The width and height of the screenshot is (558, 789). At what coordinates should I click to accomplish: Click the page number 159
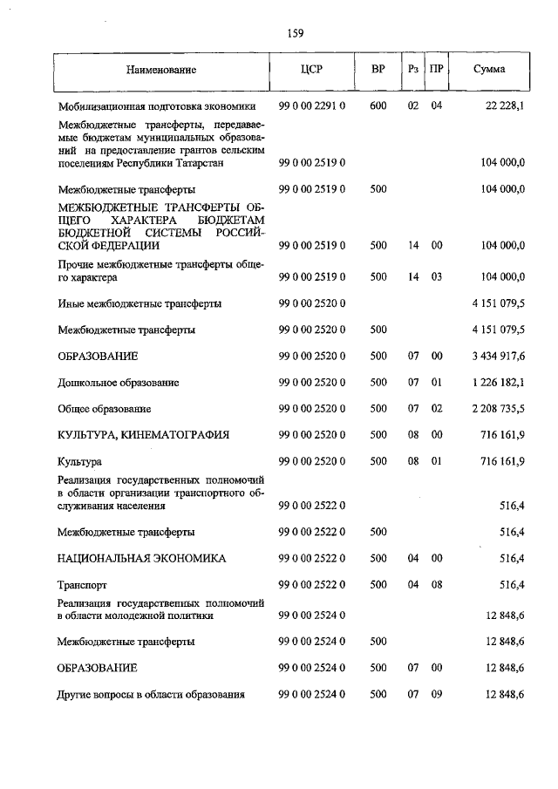pyautogui.click(x=295, y=34)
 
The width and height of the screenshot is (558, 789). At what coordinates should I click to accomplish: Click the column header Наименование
pyautogui.click(x=160, y=70)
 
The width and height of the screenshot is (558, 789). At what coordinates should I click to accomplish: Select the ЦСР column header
pyautogui.click(x=311, y=70)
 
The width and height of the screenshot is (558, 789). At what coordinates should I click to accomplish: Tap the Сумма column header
pyautogui.click(x=489, y=70)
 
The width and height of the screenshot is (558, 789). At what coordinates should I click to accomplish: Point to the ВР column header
pyautogui.click(x=378, y=70)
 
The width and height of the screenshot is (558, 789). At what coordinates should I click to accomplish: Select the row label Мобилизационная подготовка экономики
pyautogui.click(x=157, y=106)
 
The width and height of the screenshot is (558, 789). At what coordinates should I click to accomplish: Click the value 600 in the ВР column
pyautogui.click(x=378, y=106)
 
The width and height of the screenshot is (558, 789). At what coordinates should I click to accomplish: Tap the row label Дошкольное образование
pyautogui.click(x=119, y=383)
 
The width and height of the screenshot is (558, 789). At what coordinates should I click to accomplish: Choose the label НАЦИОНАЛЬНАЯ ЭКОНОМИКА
pyautogui.click(x=140, y=558)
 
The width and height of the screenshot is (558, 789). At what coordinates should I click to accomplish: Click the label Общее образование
pyautogui.click(x=105, y=408)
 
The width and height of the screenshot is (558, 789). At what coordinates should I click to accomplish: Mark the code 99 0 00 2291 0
pyautogui.click(x=312, y=106)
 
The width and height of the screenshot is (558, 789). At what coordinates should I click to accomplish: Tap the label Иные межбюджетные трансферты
pyautogui.click(x=139, y=304)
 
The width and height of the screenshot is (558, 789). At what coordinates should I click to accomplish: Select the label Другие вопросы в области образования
pyautogui.click(x=151, y=695)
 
